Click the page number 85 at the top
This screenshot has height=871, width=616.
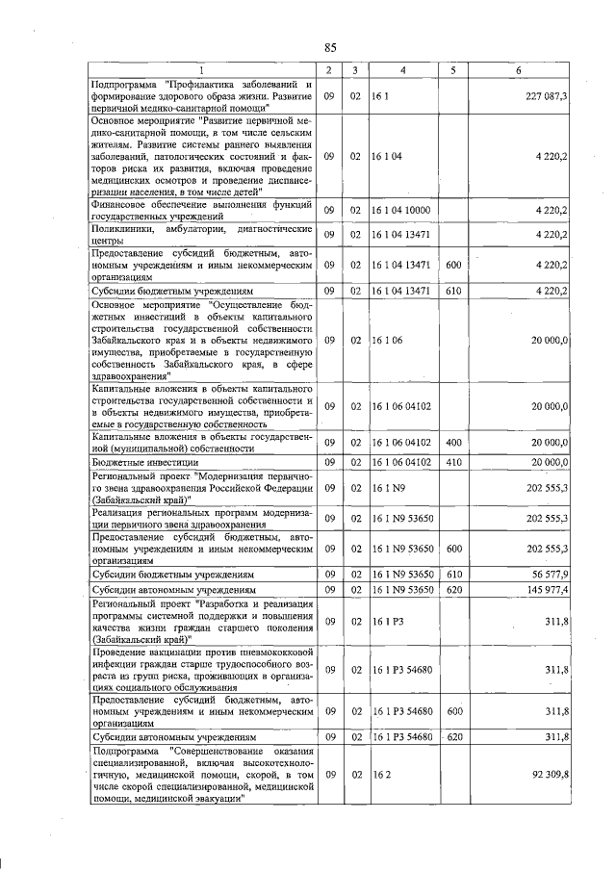329,48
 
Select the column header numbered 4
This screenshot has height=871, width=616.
402,70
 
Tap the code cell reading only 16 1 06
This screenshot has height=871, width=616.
387,340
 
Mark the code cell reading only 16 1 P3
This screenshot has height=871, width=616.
387,621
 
